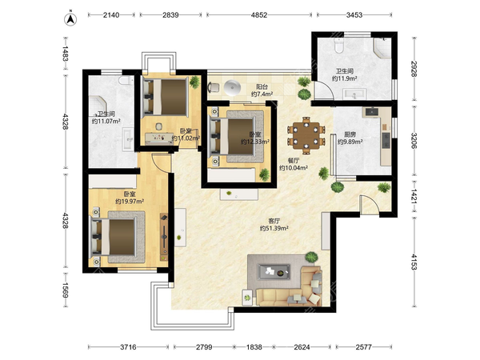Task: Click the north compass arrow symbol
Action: pyautogui.click(x=70, y=19)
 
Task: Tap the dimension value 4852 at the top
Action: pyautogui.click(x=259, y=14)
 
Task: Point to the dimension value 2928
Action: pyautogui.click(x=414, y=69)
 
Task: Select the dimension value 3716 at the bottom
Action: pyautogui.click(x=128, y=347)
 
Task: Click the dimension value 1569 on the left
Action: pyautogui.click(x=66, y=290)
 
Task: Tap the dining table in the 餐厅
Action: pyautogui.click(x=306, y=135)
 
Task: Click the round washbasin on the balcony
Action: pyautogui.click(x=232, y=87)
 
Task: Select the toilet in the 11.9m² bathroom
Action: pyautogui.click(x=339, y=46)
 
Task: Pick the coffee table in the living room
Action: pyautogui.click(x=274, y=272)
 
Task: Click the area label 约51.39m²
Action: pyautogui.click(x=274, y=228)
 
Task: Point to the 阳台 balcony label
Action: pyautogui.click(x=262, y=87)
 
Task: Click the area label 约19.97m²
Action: pyautogui.click(x=130, y=201)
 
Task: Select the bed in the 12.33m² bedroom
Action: pyautogui.click(x=232, y=136)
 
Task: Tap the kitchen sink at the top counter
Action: pyautogui.click(x=372, y=112)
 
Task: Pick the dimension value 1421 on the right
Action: pyautogui.click(x=414, y=196)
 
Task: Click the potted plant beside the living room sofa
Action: pyautogui.click(x=311, y=257)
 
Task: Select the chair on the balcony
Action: pyautogui.click(x=214, y=87)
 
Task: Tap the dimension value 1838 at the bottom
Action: pyautogui.click(x=254, y=347)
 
